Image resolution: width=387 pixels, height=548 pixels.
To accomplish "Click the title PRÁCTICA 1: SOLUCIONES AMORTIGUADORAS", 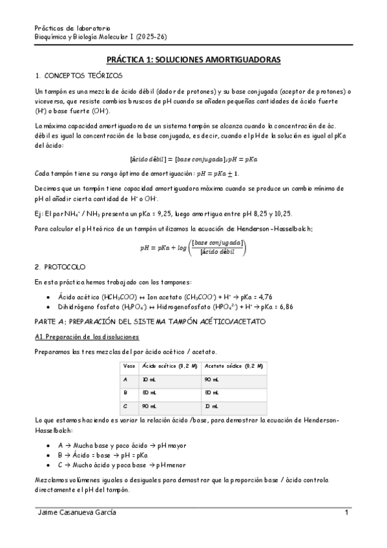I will (193, 59).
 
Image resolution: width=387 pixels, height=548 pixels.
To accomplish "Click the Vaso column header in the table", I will (129, 366).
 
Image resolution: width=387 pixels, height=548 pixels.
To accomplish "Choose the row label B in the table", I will (125, 392).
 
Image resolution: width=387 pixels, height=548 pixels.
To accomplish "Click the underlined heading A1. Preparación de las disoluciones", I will (87, 337).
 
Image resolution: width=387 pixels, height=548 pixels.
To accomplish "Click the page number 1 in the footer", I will (347, 513).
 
